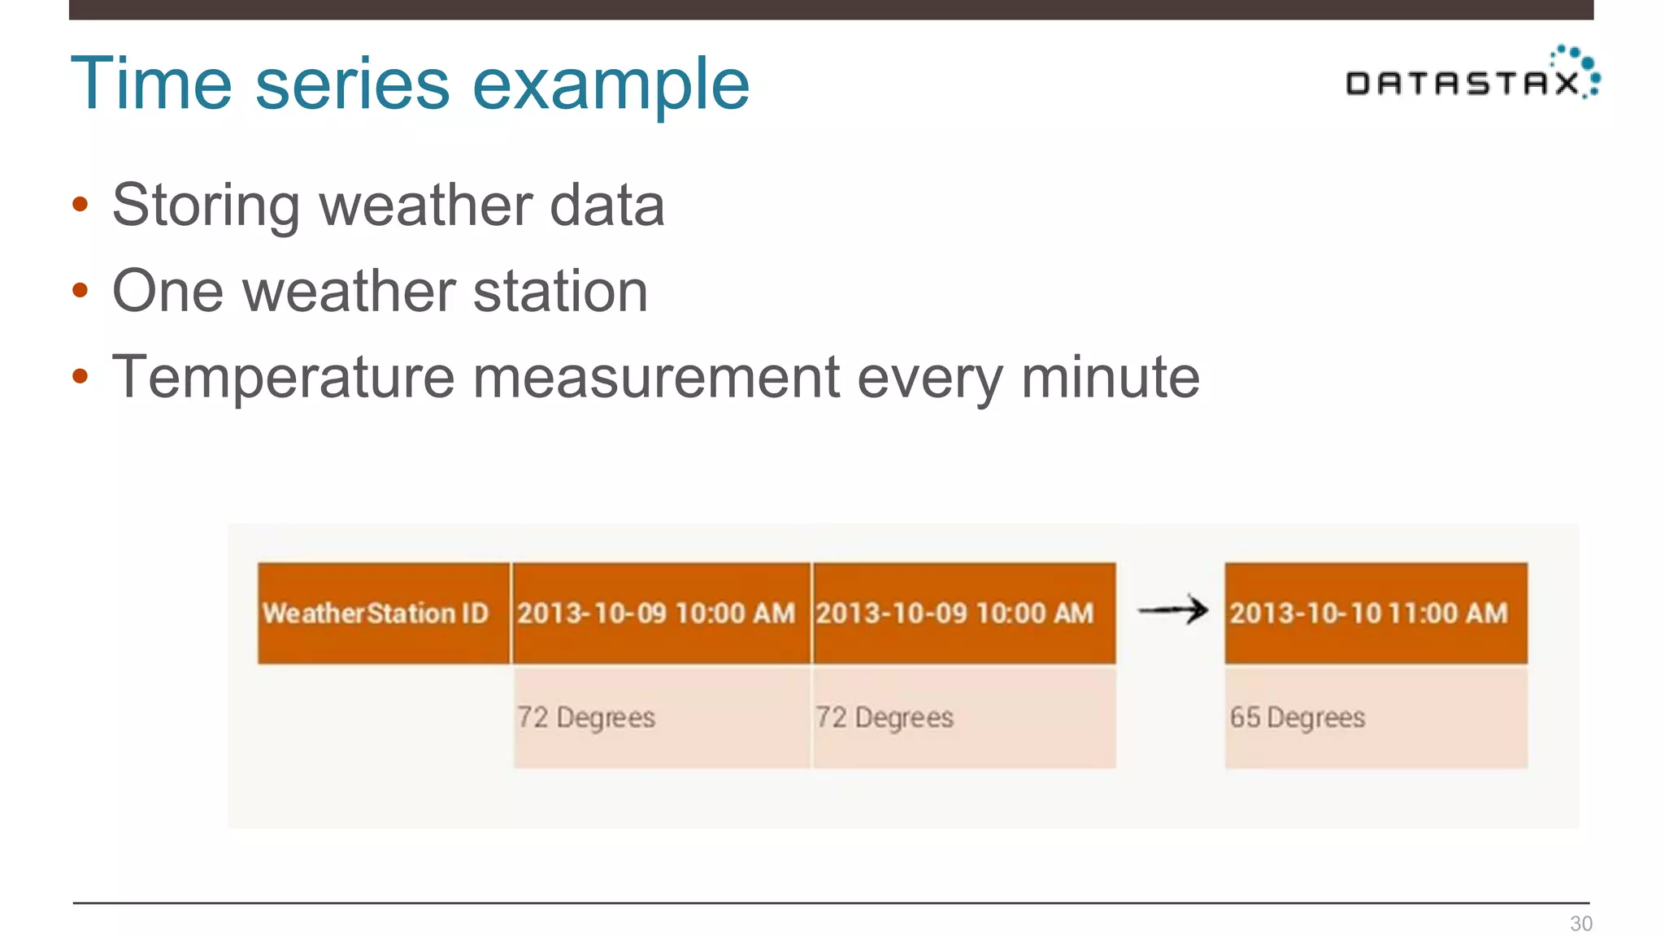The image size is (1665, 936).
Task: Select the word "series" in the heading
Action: click(352, 84)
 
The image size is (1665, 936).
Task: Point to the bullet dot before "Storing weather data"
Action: click(80, 204)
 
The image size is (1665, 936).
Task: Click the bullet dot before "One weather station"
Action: click(80, 290)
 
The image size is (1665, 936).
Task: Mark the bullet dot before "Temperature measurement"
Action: click(80, 376)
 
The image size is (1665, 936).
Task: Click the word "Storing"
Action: click(206, 206)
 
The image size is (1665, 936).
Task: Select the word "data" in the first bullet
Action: click(607, 205)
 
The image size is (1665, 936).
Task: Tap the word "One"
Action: click(167, 291)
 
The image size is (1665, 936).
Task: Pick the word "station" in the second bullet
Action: click(560, 291)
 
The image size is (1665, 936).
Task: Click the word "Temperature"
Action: click(283, 377)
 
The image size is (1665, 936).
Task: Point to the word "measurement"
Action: click(656, 377)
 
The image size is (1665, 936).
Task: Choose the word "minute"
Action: click(1110, 377)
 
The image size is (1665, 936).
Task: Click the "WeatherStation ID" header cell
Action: click(384, 613)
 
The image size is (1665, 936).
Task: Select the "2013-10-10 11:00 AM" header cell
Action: click(1376, 613)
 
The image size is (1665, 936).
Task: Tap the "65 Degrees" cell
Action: click(1376, 717)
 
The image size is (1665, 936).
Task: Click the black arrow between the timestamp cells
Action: click(1172, 610)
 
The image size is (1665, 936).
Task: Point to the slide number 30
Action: click(1580, 923)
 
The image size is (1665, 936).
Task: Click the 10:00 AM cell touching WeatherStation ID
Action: click(661, 613)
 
